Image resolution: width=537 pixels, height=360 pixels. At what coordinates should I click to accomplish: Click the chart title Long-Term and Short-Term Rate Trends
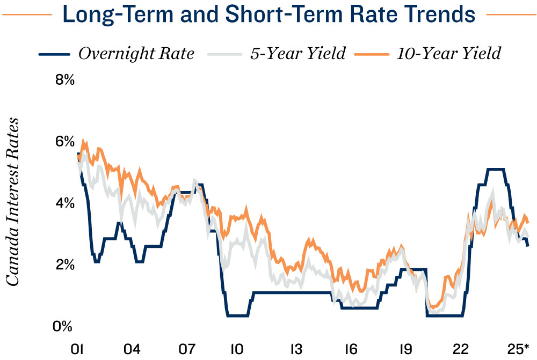click(269, 14)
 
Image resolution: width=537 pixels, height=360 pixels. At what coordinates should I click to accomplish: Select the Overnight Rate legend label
click(136, 54)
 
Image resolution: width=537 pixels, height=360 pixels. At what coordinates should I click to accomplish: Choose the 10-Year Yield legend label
click(449, 54)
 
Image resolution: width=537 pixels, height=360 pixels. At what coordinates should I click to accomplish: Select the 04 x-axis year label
click(132, 349)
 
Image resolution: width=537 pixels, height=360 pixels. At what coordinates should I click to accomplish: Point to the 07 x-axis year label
click(187, 349)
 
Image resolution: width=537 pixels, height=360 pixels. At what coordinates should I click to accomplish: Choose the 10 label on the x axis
click(236, 349)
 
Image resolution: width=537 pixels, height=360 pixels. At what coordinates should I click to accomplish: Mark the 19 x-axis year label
click(405, 349)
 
